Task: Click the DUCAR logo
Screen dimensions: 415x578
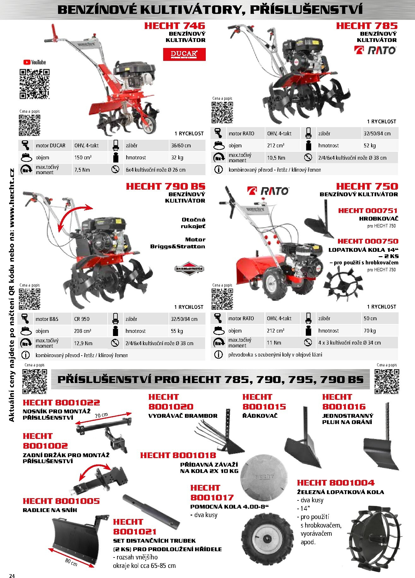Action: click(x=184, y=54)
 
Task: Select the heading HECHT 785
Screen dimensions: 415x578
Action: click(x=367, y=26)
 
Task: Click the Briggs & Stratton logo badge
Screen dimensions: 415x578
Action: click(x=189, y=268)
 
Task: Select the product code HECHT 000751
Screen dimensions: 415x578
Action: click(x=368, y=210)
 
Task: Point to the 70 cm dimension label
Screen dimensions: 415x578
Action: click(x=101, y=415)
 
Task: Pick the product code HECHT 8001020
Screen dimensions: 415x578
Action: click(x=171, y=402)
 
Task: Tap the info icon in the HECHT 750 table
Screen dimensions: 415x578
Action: click(x=218, y=354)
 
